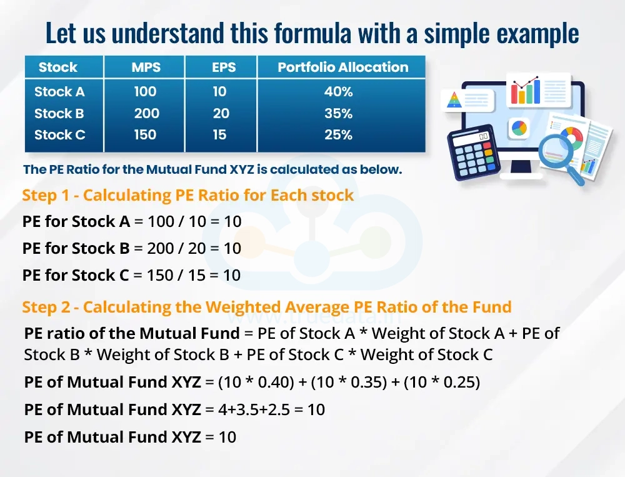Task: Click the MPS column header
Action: coord(146,68)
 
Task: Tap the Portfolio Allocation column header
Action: coord(342,68)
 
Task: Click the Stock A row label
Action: coord(59,92)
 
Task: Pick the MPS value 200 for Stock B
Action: coord(146,114)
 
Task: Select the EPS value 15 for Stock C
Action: coord(219,135)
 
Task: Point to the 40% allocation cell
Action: coord(338,92)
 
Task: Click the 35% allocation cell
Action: coord(338,114)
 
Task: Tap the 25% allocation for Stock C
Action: coord(338,135)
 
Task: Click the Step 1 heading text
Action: coord(187,195)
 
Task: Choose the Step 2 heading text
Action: coord(267,307)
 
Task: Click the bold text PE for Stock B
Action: coord(76,248)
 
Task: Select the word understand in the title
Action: coord(163,33)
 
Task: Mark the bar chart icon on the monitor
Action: coord(526,91)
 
